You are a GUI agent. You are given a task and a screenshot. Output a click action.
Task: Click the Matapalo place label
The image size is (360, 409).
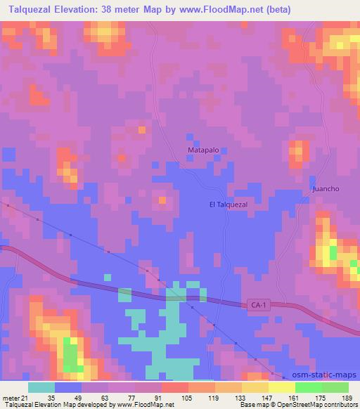click(x=202, y=150)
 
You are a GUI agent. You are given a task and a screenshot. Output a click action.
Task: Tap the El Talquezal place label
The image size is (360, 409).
click(x=229, y=204)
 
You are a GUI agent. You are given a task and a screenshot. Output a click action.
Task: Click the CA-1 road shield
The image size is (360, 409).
click(x=259, y=305)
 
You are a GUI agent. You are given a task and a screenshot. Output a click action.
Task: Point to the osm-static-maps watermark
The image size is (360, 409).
click(x=326, y=376)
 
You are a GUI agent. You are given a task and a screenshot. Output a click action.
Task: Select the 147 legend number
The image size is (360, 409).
click(x=267, y=398)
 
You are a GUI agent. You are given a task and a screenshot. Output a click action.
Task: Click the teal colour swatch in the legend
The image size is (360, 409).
click(x=41, y=387)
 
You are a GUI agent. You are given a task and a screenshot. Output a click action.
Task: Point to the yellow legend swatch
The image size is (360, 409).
click(x=281, y=387)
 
